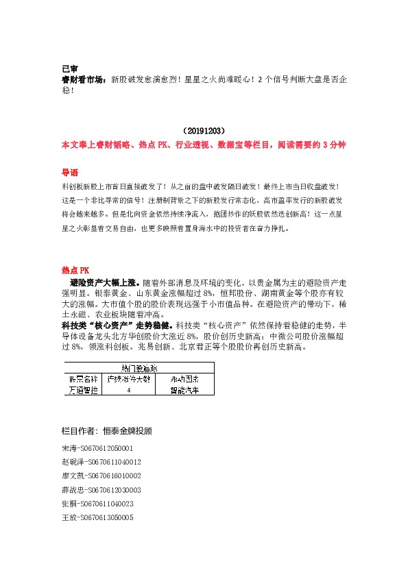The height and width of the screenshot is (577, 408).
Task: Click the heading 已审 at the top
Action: tap(69, 69)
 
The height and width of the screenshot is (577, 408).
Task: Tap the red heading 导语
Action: tap(70, 172)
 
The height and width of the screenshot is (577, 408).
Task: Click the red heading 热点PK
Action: tap(75, 270)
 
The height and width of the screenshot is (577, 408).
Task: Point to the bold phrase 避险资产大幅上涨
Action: tap(104, 282)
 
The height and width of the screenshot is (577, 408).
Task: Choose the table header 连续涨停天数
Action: tap(130, 378)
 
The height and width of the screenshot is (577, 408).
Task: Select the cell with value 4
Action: tap(130, 390)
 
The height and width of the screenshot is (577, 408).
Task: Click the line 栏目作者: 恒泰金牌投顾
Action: tap(106, 432)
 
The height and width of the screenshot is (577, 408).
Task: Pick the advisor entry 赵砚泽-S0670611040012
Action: tap(101, 461)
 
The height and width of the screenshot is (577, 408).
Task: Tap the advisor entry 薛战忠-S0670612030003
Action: tap(101, 490)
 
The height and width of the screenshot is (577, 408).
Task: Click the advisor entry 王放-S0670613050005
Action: tap(97, 518)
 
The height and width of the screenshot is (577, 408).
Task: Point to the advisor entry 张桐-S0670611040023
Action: tap(97, 504)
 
